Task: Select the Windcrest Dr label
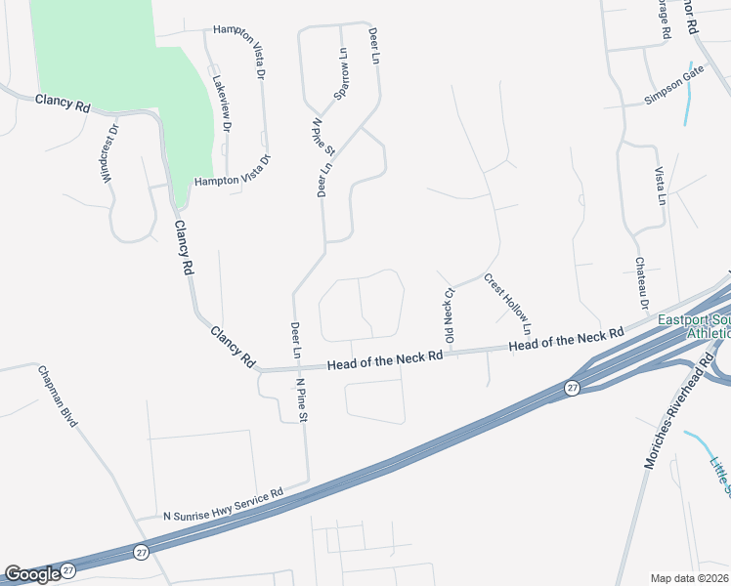click(x=107, y=153)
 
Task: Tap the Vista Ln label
click(x=660, y=184)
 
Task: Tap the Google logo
click(x=32, y=574)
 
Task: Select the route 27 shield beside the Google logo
click(x=67, y=569)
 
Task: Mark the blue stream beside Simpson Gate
click(x=690, y=93)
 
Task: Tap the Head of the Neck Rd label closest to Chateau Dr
click(x=566, y=340)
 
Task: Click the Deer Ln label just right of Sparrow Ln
click(x=372, y=46)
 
